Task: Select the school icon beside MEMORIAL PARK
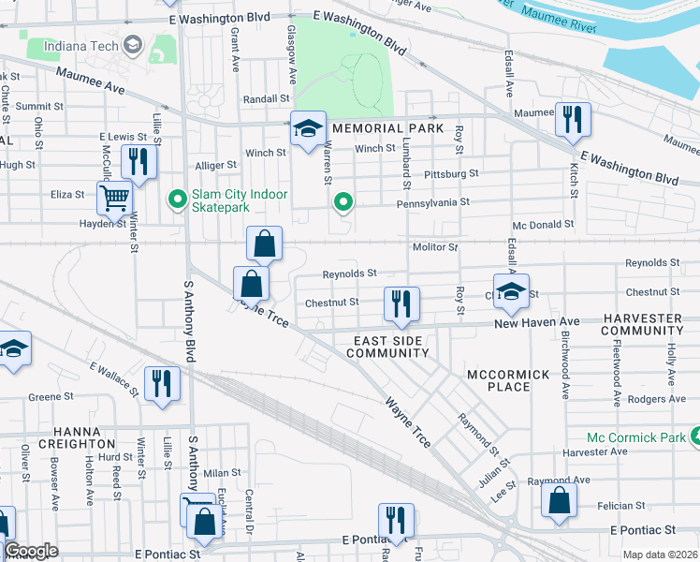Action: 307,128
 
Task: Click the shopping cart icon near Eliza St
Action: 114,197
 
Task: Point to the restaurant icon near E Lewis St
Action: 139,161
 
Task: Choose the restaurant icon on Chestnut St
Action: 401,303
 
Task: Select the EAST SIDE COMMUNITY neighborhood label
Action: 387,347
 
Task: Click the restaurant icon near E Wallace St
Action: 162,383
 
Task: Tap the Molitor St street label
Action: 434,247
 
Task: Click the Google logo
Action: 32,552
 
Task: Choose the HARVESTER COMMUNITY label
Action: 642,324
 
